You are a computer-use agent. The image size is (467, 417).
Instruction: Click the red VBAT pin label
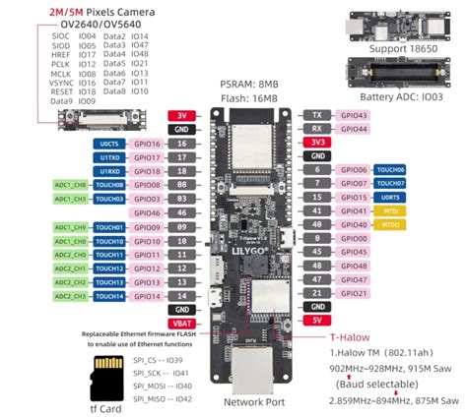point(180,322)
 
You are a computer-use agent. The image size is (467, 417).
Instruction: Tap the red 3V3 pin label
point(317,142)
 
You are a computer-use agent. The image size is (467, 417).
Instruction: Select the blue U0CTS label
point(110,143)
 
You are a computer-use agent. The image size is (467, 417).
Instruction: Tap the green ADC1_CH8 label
point(63,184)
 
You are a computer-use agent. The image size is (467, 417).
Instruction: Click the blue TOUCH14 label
point(110,295)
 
